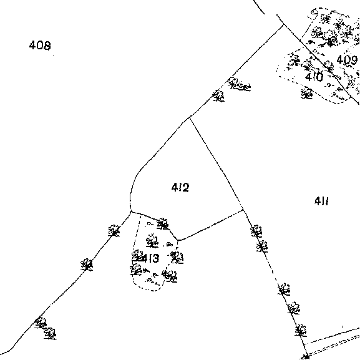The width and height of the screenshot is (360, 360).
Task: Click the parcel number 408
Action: [x=40, y=45]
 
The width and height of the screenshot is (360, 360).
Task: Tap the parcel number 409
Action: [x=347, y=60]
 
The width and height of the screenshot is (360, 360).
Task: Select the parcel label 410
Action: [x=314, y=77]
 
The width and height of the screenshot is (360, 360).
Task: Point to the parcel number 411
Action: [x=321, y=201]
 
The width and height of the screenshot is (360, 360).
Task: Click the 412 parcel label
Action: [x=180, y=187]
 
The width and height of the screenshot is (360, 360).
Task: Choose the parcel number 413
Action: [x=151, y=258]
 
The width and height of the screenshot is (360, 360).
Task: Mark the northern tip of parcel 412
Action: [x=190, y=117]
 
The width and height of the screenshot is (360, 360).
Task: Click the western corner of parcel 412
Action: [x=130, y=212]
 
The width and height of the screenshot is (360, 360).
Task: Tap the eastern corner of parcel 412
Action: [x=243, y=210]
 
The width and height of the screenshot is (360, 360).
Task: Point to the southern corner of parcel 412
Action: [x=178, y=240]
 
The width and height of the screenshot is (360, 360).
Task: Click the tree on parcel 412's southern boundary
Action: [x=163, y=224]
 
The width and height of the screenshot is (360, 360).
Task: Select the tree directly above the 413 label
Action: [x=152, y=240]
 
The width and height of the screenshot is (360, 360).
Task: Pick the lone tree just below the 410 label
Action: [x=307, y=93]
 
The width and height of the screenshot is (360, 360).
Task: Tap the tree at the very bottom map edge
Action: [x=306, y=357]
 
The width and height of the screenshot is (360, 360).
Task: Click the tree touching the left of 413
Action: [x=138, y=256]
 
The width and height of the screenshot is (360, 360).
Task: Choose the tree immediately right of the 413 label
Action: [x=177, y=258]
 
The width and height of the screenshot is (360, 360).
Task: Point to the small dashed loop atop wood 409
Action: [x=314, y=13]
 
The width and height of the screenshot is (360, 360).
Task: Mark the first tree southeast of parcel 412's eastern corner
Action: [x=256, y=231]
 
